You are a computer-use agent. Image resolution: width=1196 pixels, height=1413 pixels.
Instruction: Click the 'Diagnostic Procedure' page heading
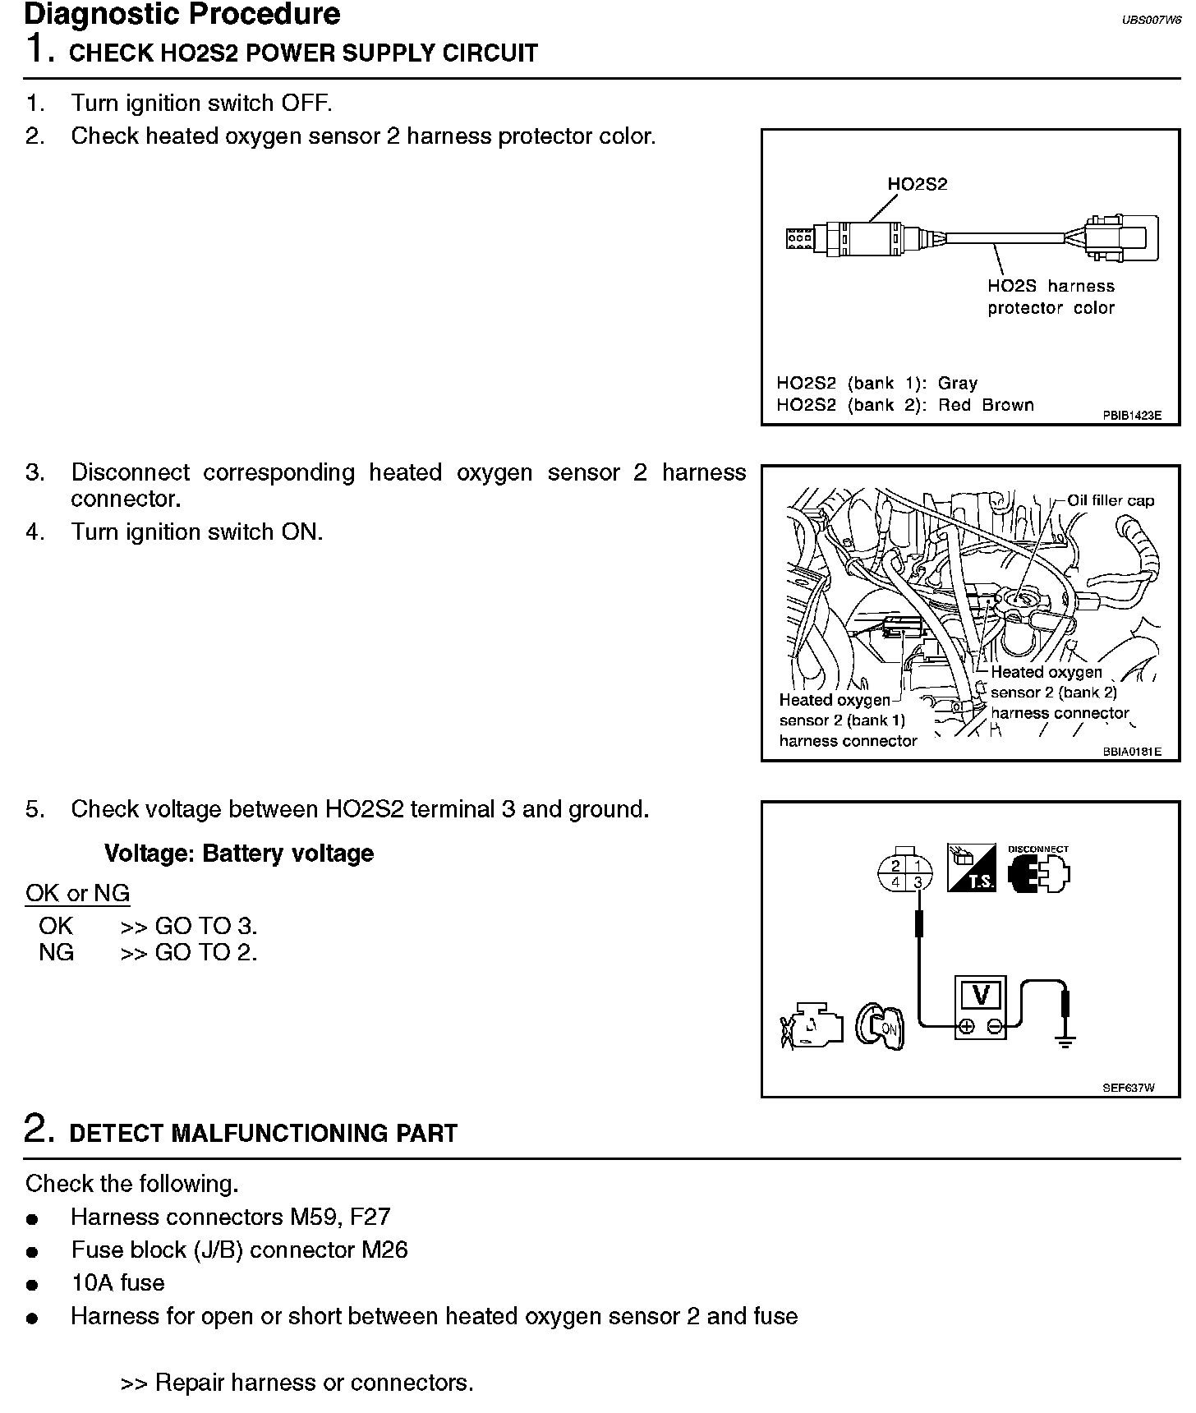pyautogui.click(x=182, y=14)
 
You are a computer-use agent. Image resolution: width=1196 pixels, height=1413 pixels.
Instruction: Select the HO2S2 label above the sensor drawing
pyautogui.click(x=917, y=184)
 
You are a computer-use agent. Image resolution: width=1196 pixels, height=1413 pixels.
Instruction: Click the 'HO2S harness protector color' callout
pyautogui.click(x=1051, y=297)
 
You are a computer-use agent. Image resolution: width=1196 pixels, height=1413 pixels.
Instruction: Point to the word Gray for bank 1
pyautogui.click(x=957, y=383)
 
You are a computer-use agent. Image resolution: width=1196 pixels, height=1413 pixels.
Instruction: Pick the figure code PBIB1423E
pyautogui.click(x=1131, y=416)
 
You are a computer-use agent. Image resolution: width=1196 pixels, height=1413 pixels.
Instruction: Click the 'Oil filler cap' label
pyautogui.click(x=1110, y=500)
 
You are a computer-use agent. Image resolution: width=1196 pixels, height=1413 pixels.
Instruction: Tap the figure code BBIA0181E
pyautogui.click(x=1131, y=751)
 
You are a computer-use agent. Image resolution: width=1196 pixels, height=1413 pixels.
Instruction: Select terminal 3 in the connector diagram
pyautogui.click(x=918, y=882)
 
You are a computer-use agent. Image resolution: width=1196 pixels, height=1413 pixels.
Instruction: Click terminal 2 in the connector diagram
pyautogui.click(x=895, y=866)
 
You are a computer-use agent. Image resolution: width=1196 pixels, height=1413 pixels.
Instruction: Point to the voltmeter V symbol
pyautogui.click(x=980, y=995)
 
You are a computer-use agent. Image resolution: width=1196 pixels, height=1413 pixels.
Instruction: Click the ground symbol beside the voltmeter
pyautogui.click(x=1065, y=1042)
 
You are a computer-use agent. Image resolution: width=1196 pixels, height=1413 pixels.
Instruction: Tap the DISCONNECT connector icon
pyautogui.click(x=1038, y=870)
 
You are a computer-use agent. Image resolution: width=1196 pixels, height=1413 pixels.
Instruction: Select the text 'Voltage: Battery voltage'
pyautogui.click(x=238, y=853)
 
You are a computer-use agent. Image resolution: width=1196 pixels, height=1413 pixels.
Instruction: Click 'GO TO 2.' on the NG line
pyautogui.click(x=205, y=952)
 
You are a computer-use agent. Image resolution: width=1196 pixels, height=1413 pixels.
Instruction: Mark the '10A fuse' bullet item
pyautogui.click(x=117, y=1282)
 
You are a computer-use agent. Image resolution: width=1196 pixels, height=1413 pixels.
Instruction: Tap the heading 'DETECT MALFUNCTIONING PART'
pyautogui.click(x=263, y=1133)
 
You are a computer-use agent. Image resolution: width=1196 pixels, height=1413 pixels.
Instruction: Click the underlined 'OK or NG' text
pyautogui.click(x=77, y=893)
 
